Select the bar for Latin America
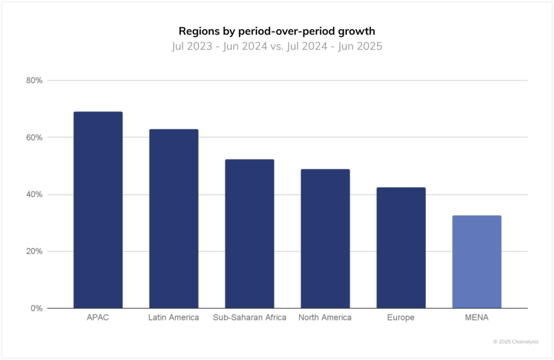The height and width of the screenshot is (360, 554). tap(174, 218)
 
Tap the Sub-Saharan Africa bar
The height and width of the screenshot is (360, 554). tap(249, 234)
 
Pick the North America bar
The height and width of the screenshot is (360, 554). tap(325, 238)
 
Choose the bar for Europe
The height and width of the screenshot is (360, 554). tap(401, 248)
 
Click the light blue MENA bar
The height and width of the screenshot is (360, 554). tap(477, 262)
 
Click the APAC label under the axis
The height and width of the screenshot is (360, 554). tap(98, 318)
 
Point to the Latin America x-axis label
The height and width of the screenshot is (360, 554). tap(174, 318)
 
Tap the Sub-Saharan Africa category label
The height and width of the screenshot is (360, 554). tap(249, 318)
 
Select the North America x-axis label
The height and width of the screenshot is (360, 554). tap(325, 318)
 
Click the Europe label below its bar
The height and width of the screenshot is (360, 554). tap(401, 318)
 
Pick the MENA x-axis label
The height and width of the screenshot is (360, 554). tap(477, 318)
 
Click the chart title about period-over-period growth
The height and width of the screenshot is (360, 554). tap(277, 31)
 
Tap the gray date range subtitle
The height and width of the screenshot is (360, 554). tap(277, 46)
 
